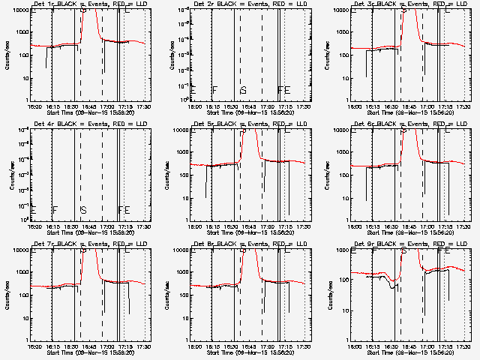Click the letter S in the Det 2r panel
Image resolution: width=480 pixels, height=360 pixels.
(243, 91)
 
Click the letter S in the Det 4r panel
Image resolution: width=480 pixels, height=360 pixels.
(83, 210)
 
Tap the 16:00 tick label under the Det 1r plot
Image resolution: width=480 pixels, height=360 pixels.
(34, 106)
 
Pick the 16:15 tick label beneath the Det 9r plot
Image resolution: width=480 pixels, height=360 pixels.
(375, 346)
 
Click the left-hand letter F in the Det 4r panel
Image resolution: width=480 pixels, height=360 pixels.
(55, 210)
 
